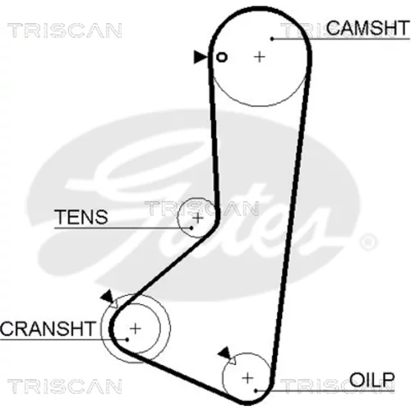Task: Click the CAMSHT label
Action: pos(367,28)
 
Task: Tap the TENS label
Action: pos(81,217)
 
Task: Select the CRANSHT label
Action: pos(48,329)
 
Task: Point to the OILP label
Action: pos(372,380)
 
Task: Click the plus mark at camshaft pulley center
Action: pos(260,58)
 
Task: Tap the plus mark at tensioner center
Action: pos(198,218)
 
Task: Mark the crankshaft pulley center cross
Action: pos(135,328)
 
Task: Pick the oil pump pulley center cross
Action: pos(247,378)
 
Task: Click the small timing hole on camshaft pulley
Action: pos(222,58)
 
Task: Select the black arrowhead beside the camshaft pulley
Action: pos(200,57)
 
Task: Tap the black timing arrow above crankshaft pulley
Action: pos(108,297)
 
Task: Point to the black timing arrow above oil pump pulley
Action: pos(225,353)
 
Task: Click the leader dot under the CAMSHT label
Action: pos(272,39)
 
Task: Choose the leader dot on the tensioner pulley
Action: pos(192,228)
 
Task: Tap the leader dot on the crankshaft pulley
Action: pos(127,339)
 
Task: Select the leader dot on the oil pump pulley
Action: pos(256,390)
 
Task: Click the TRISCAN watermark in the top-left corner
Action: pos(65,30)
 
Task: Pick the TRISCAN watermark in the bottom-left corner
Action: pos(65,386)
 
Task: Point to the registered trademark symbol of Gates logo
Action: pos(368,242)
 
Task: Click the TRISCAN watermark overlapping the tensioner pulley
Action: pos(201,208)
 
